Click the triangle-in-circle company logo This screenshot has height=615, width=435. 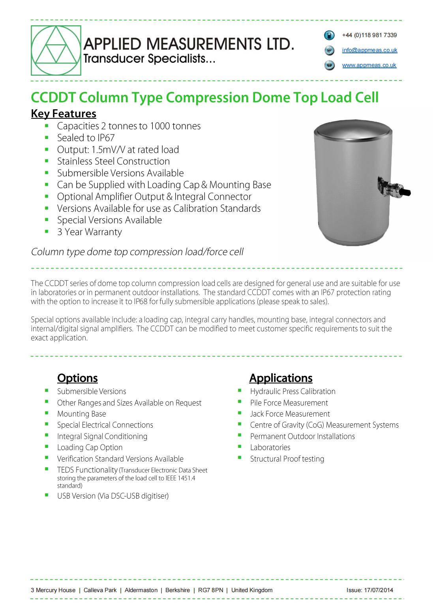click(56, 50)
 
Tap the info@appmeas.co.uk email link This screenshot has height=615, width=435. click(369, 50)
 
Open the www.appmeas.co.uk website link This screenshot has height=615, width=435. click(369, 65)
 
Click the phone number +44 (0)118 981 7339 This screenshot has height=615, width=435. click(369, 35)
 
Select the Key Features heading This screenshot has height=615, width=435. click(64, 114)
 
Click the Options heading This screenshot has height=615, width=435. click(77, 378)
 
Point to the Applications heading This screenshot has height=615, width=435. click(281, 378)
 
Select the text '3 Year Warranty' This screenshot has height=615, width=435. click(89, 232)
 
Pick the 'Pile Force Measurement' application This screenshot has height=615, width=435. click(289, 403)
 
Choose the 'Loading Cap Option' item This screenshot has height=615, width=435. click(90, 447)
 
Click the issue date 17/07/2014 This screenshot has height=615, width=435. click(378, 590)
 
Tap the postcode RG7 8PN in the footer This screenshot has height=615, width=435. click(210, 590)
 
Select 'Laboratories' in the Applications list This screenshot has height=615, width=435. click(270, 447)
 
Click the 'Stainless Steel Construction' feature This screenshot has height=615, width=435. click(113, 161)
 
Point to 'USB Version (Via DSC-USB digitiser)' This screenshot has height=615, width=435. click(112, 496)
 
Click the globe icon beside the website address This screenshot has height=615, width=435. click(329, 65)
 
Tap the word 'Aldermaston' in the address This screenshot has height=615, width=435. click(141, 590)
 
